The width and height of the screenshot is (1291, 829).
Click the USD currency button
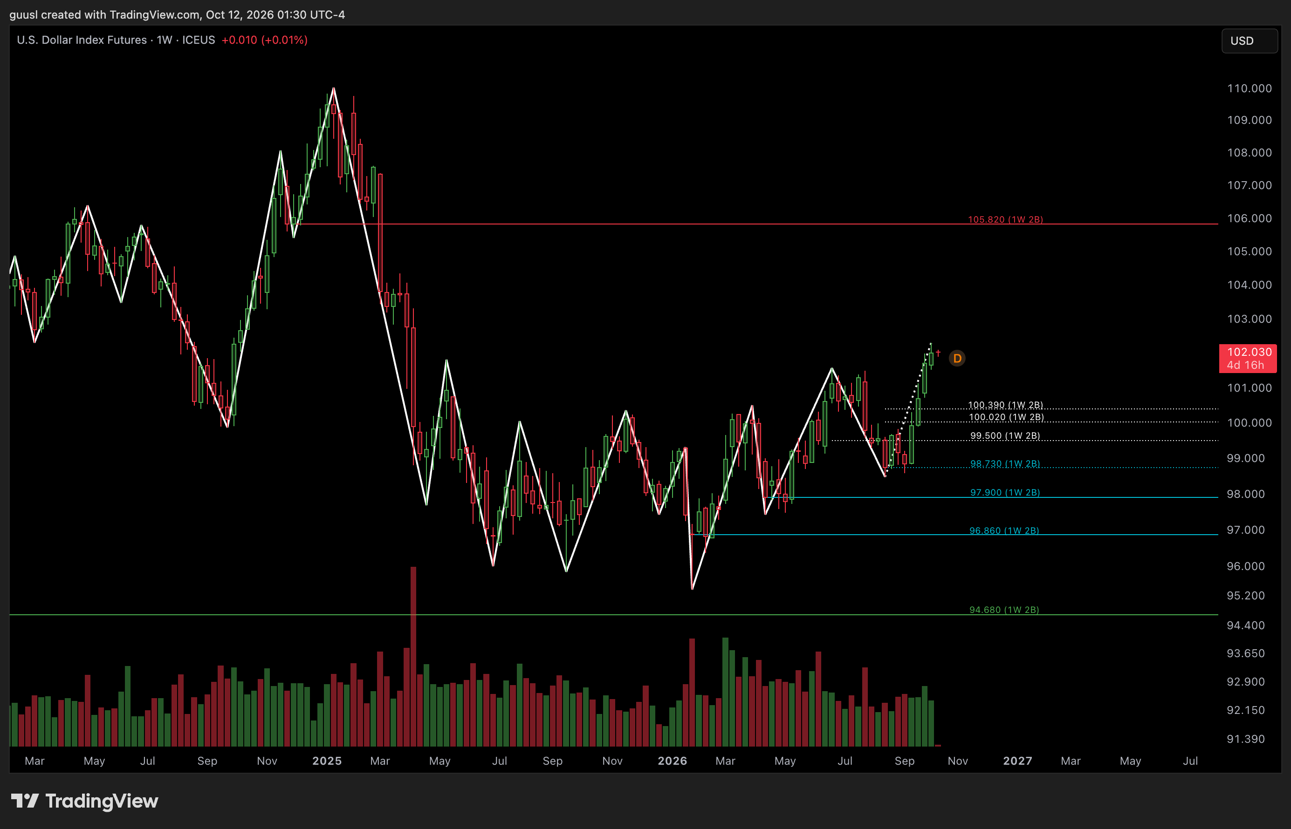(1249, 41)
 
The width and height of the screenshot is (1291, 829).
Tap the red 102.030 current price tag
(1247, 359)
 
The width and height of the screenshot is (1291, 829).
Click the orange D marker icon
(957, 359)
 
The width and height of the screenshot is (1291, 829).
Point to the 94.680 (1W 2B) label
(1004, 610)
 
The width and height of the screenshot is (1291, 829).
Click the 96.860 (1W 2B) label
(1004, 531)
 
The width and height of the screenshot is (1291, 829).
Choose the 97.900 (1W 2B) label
(1005, 493)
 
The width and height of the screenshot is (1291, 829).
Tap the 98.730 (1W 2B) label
(1005, 464)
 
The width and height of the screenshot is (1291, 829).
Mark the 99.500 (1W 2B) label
(1005, 436)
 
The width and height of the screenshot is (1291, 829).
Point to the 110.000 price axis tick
(1249, 88)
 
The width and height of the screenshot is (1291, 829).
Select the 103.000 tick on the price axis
(1249, 319)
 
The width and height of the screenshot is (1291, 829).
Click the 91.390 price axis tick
(1246, 739)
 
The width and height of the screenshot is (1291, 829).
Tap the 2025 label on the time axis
(327, 761)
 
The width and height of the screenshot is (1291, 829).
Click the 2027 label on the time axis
(1017, 761)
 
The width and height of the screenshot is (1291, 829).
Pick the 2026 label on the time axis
(672, 761)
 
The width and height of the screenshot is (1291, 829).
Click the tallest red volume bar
(413, 656)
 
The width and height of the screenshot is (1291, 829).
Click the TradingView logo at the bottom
(84, 801)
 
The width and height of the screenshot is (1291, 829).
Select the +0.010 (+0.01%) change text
(264, 41)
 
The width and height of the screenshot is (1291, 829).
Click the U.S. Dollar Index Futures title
(82, 41)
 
